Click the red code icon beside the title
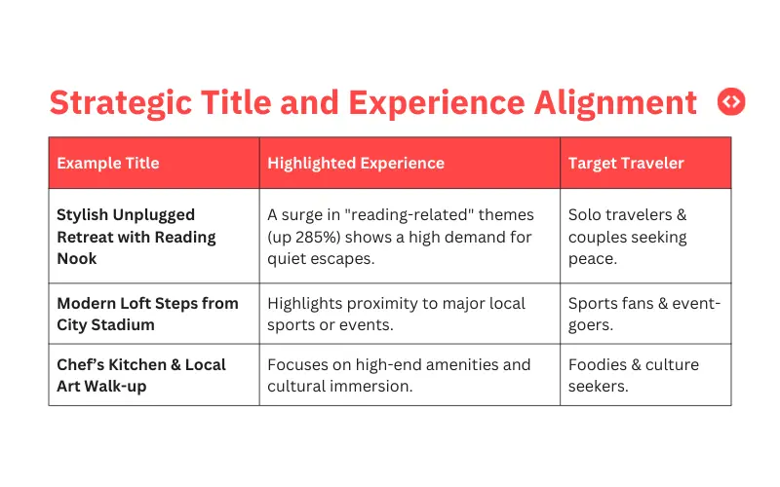point(730,101)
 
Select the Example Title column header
point(108,163)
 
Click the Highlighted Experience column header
point(356,163)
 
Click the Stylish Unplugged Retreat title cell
point(136,237)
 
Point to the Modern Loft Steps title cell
point(147,314)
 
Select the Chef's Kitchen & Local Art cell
point(141,375)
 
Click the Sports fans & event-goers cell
point(644,314)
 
